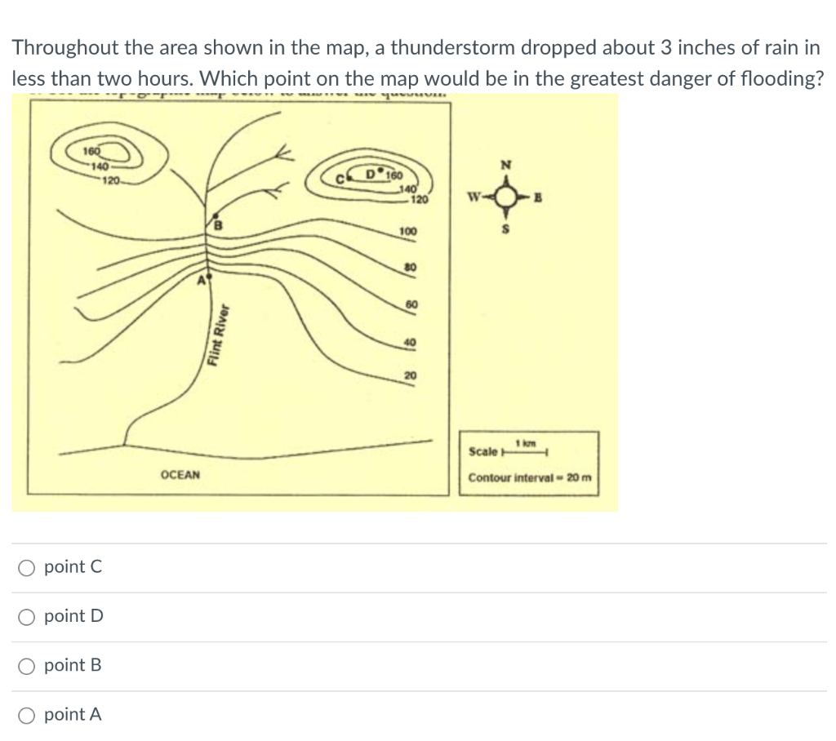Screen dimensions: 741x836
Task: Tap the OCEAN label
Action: (180, 474)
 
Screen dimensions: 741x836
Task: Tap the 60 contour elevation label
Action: (411, 304)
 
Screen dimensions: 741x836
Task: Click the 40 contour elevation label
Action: (411, 342)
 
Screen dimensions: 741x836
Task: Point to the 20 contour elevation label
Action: (411, 375)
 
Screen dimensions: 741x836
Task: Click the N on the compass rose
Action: (506, 166)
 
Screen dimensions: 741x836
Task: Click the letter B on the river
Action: (218, 223)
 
